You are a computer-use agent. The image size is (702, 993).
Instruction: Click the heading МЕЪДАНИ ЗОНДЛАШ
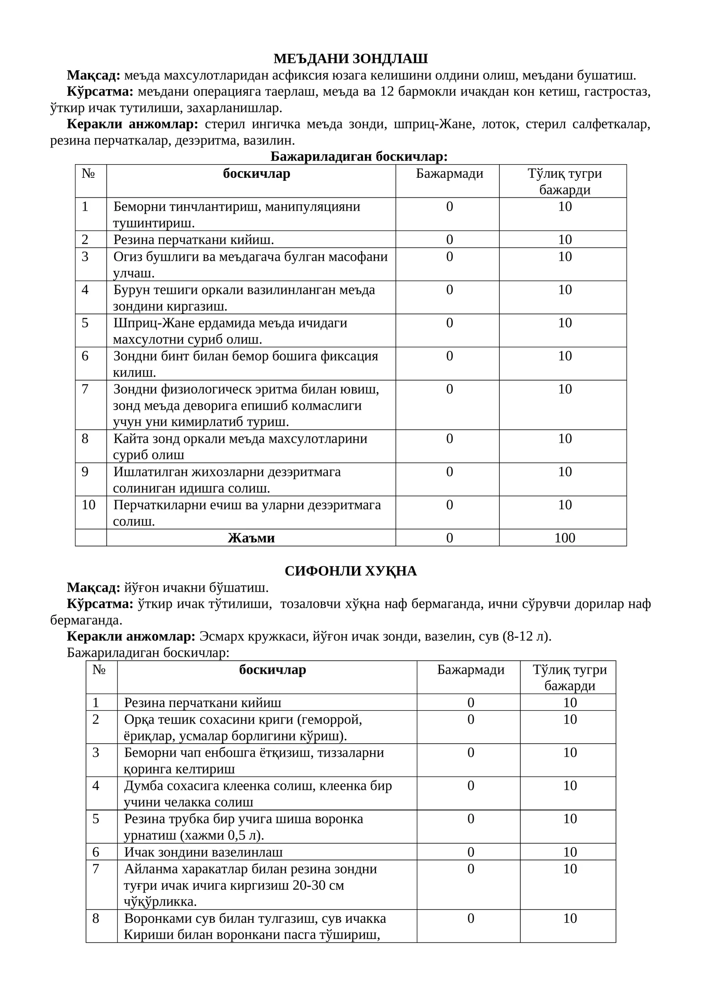point(351,58)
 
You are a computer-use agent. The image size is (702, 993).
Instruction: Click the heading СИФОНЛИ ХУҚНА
point(351,571)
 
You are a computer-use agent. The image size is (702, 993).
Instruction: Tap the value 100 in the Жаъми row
point(565,538)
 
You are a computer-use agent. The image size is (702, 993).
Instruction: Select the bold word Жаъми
point(251,538)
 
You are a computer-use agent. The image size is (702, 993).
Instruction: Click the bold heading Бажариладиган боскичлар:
point(359,156)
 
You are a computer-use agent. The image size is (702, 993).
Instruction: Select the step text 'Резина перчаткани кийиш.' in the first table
point(193,239)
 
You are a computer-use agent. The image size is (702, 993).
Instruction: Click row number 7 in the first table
point(85,389)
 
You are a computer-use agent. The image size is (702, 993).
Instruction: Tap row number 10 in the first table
point(89,505)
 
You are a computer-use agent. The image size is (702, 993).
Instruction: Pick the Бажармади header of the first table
point(450,174)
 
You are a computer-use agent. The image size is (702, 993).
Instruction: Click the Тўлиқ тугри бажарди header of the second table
point(569,677)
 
